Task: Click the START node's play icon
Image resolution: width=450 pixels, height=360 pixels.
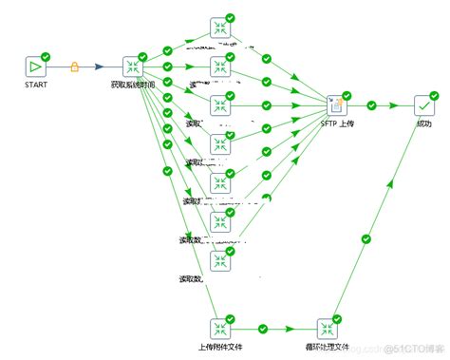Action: (x=35, y=66)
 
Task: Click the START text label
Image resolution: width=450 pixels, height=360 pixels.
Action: (x=35, y=85)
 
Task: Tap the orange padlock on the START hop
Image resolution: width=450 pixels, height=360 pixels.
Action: (x=76, y=66)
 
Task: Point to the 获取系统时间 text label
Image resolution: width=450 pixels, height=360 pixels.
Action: (x=134, y=85)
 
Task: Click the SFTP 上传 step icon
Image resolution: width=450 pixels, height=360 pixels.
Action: (x=335, y=105)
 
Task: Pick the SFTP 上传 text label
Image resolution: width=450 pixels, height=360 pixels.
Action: (x=336, y=125)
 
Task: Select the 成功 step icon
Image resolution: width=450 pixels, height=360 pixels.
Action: (x=423, y=105)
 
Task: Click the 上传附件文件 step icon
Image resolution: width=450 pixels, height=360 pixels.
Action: (x=219, y=329)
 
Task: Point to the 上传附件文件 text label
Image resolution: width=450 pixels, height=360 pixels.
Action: (x=220, y=348)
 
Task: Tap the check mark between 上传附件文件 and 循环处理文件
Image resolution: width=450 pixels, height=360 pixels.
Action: (x=273, y=329)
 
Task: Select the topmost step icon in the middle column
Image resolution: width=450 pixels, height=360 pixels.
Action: (x=219, y=27)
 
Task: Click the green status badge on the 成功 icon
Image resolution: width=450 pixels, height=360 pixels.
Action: (x=434, y=95)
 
